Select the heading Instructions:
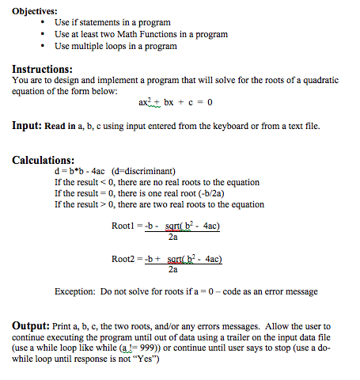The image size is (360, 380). click(x=43, y=69)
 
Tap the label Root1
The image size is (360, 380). click(x=127, y=226)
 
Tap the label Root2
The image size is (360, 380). click(x=127, y=259)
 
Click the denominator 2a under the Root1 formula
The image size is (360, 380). click(x=173, y=236)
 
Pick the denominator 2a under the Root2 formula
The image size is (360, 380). click(x=173, y=269)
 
